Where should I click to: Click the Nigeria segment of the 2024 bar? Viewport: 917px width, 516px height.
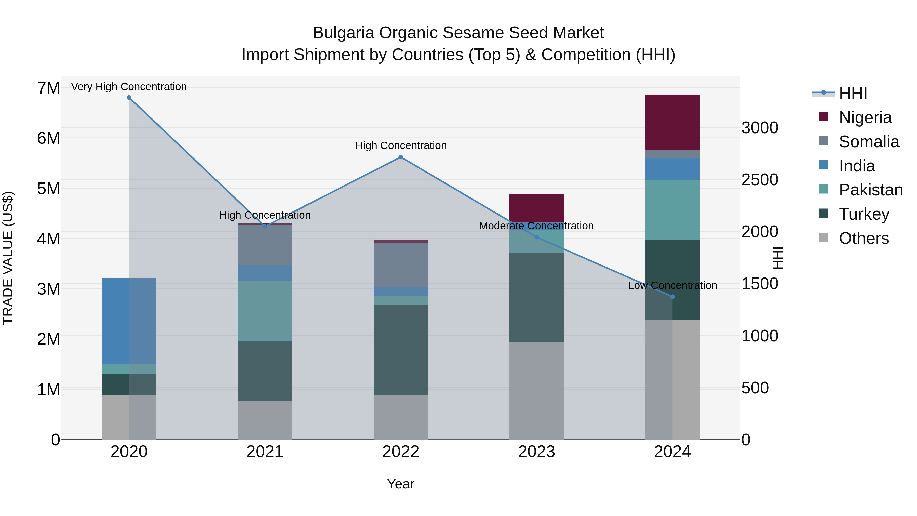tap(672, 122)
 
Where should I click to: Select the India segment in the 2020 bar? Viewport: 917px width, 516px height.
tap(129, 321)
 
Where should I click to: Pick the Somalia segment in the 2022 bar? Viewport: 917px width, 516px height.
tap(400, 265)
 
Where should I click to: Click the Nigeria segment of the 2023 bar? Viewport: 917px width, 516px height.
tap(536, 208)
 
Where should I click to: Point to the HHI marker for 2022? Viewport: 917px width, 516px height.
tap(400, 157)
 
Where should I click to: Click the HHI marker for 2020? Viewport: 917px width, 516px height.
tap(129, 98)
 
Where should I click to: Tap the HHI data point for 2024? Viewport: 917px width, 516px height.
tap(672, 297)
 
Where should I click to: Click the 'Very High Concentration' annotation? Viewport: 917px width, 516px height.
tap(129, 87)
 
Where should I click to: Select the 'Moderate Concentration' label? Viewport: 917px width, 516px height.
tap(536, 226)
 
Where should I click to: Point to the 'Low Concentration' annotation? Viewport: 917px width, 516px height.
tap(672, 285)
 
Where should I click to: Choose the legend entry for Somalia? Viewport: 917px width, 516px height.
tap(869, 141)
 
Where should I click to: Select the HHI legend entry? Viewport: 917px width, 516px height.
tap(853, 93)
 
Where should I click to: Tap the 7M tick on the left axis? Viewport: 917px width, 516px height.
tap(48, 88)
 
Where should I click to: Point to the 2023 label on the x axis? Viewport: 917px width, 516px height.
tap(536, 452)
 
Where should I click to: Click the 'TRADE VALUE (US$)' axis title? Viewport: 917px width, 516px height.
tap(8, 258)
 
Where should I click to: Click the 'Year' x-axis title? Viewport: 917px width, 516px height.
tap(400, 484)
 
